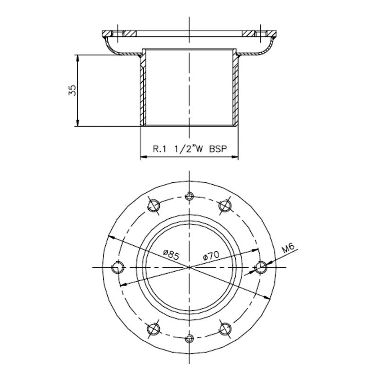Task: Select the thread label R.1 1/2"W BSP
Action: pos(189,149)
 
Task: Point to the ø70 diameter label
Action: pos(210,256)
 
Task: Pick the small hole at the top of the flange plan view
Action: pos(190,196)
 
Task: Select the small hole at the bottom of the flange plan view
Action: pos(190,338)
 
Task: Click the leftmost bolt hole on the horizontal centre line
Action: pos(117,267)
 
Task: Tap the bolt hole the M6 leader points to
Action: pos(261,267)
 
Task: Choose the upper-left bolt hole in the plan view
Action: pos(154,204)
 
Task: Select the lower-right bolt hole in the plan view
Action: pos(225,329)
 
